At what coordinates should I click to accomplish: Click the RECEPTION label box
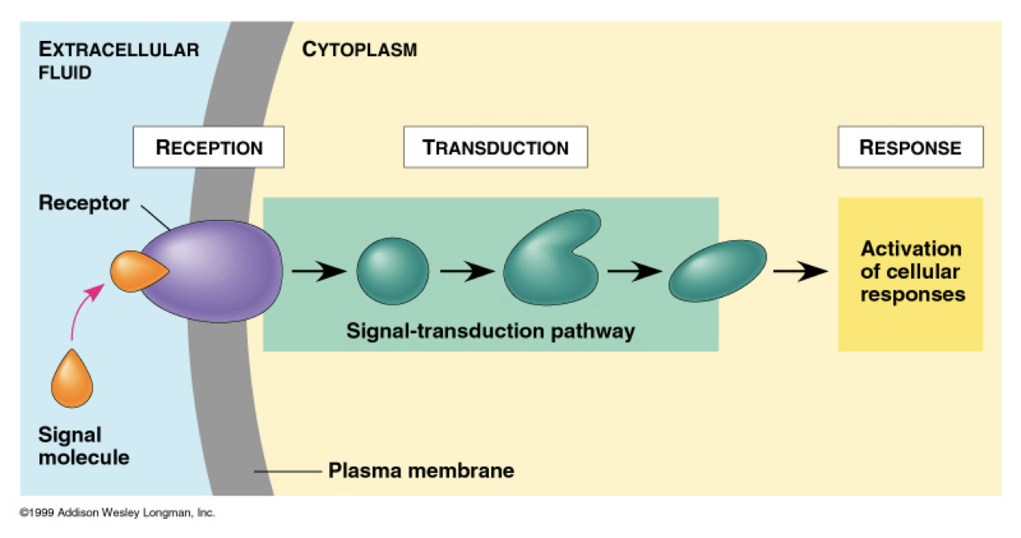(x=208, y=148)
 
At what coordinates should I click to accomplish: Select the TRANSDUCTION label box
(x=495, y=148)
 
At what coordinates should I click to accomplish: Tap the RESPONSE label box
(x=909, y=148)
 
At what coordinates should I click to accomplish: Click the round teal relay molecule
(x=392, y=271)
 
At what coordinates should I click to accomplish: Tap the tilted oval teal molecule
(x=718, y=271)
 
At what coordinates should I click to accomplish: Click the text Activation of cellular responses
(x=911, y=271)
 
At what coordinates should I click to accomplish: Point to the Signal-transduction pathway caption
(x=490, y=330)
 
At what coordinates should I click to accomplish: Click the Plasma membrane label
(x=421, y=470)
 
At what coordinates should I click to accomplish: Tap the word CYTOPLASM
(x=359, y=51)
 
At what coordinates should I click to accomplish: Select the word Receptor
(x=83, y=203)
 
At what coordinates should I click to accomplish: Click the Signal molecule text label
(x=83, y=446)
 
